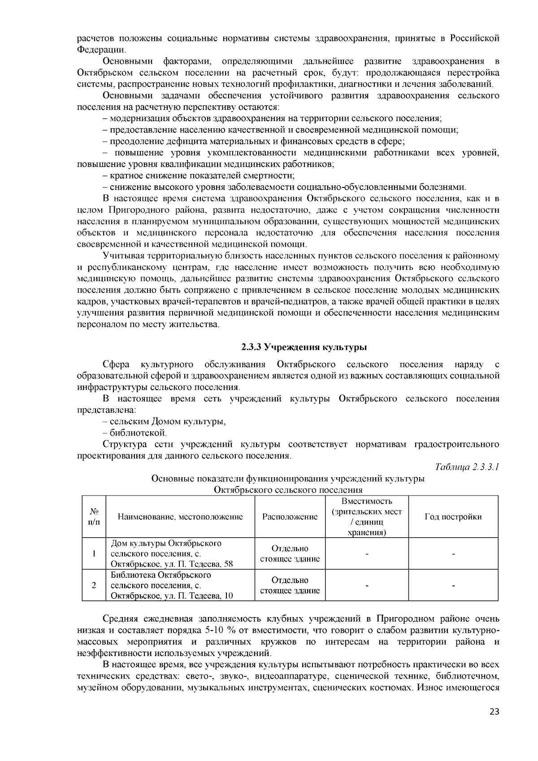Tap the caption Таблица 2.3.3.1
click(467, 467)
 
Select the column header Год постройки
click(453, 517)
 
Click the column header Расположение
click(290, 517)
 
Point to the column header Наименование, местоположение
click(180, 517)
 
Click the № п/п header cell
click(94, 517)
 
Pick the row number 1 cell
click(94, 553)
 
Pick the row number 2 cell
click(94, 585)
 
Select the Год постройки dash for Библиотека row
click(453, 585)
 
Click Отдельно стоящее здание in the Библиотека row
click(290, 585)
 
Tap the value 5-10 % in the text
click(221, 630)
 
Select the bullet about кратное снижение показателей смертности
click(199, 175)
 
